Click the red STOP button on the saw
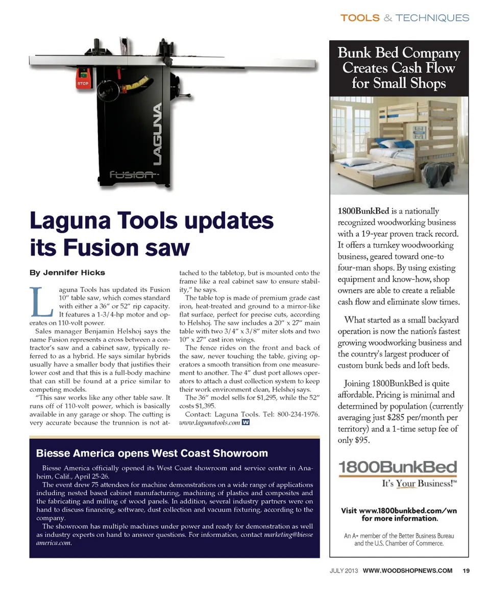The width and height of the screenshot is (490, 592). [x=83, y=83]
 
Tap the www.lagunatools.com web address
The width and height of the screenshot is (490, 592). [x=209, y=423]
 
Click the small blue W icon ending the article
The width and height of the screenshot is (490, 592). [x=246, y=423]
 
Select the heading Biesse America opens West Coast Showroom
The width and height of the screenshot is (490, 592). [x=152, y=453]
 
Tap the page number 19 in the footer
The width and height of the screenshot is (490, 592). [x=466, y=571]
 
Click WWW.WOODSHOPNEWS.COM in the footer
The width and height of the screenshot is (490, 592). [x=407, y=571]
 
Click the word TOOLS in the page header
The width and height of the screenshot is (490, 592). [x=359, y=18]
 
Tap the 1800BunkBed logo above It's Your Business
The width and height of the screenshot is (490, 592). [x=398, y=467]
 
